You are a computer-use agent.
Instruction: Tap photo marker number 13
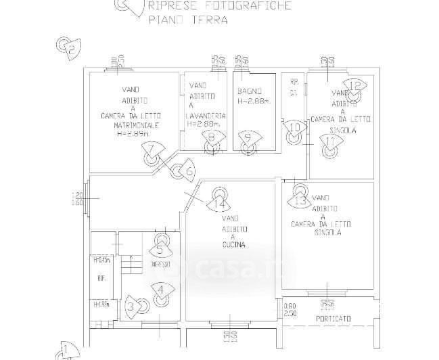point(302,201)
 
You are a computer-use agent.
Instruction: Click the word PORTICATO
point(331,318)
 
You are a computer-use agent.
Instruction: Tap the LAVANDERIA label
point(206,116)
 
